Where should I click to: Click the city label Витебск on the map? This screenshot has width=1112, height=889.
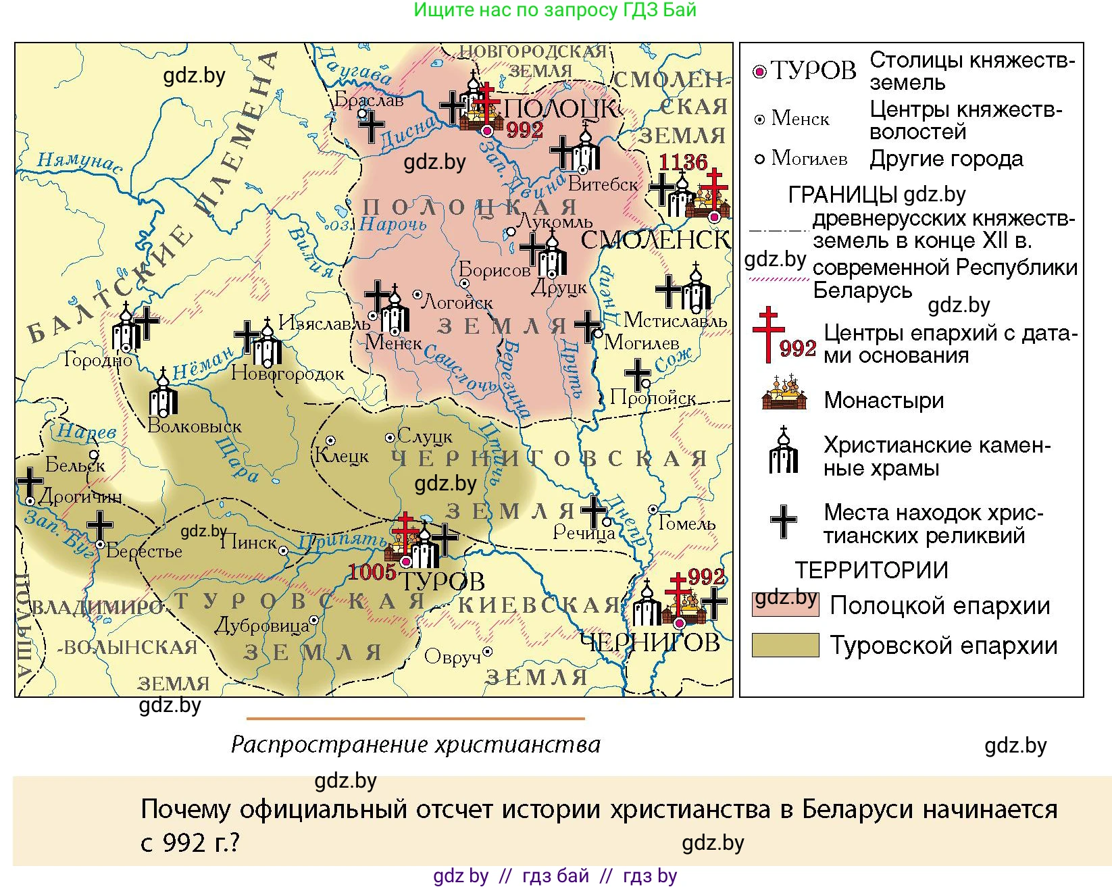[603, 184]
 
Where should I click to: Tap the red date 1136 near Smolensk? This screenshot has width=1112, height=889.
[683, 162]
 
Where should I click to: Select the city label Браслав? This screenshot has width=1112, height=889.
[369, 100]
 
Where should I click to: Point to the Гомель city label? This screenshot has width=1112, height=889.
[686, 524]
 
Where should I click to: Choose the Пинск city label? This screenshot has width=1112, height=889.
[249, 542]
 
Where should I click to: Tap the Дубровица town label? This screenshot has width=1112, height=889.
[261, 626]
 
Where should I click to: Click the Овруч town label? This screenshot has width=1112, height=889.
[452, 656]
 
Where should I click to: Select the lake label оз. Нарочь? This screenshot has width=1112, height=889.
[380, 224]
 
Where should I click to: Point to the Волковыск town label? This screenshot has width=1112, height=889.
[194, 427]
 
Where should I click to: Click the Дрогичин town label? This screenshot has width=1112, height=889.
[80, 497]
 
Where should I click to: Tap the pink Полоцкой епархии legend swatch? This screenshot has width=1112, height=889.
[785, 604]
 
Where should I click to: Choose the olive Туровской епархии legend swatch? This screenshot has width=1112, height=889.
[785, 645]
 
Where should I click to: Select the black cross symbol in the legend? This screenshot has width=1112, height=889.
[784, 522]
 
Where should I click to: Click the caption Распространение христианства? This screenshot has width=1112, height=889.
[415, 744]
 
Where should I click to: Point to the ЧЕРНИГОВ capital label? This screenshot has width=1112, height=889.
[650, 642]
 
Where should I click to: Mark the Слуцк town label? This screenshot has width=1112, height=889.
[424, 437]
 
